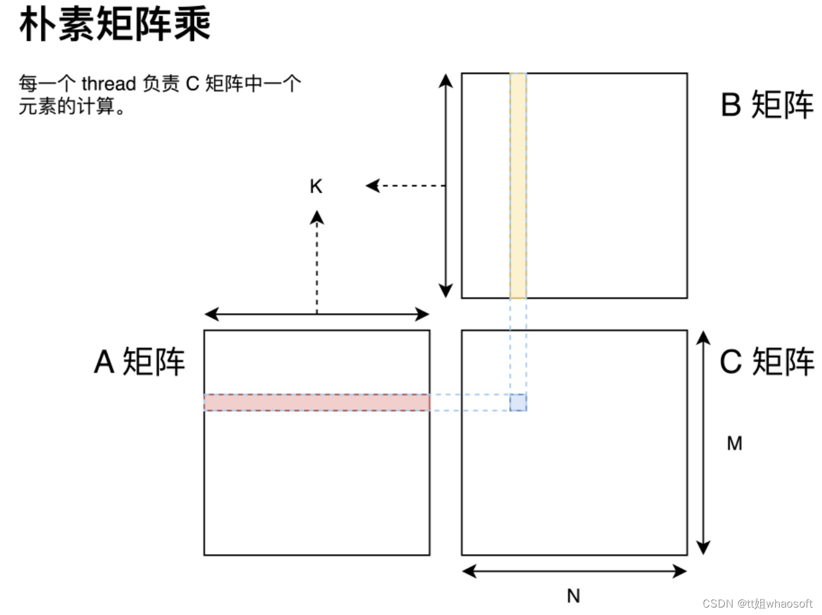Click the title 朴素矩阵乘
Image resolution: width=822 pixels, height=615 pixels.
point(115,25)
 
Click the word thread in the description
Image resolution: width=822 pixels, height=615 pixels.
point(109,83)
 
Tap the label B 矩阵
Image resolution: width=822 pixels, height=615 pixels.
point(767,104)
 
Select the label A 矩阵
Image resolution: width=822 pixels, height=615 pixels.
point(139,361)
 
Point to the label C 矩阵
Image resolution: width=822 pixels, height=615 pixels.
point(767,361)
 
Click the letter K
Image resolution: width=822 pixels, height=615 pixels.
point(316,186)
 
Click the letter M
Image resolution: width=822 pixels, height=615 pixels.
point(734,443)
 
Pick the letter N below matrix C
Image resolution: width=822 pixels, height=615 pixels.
point(573,596)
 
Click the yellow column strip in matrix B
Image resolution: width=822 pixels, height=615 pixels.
point(518,186)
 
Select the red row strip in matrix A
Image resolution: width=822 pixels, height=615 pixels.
point(316,402)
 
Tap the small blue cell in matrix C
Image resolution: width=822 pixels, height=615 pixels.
point(518,402)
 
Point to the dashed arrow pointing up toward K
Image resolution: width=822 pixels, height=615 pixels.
point(317,261)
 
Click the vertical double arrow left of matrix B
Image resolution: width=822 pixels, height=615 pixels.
point(445,186)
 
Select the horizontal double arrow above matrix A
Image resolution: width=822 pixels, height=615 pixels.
point(316,314)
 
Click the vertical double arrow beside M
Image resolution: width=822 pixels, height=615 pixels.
point(703,442)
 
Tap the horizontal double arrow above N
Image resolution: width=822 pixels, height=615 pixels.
point(575,571)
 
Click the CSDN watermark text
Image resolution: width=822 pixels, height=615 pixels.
point(757,603)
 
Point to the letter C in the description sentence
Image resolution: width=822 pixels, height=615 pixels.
point(192,83)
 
